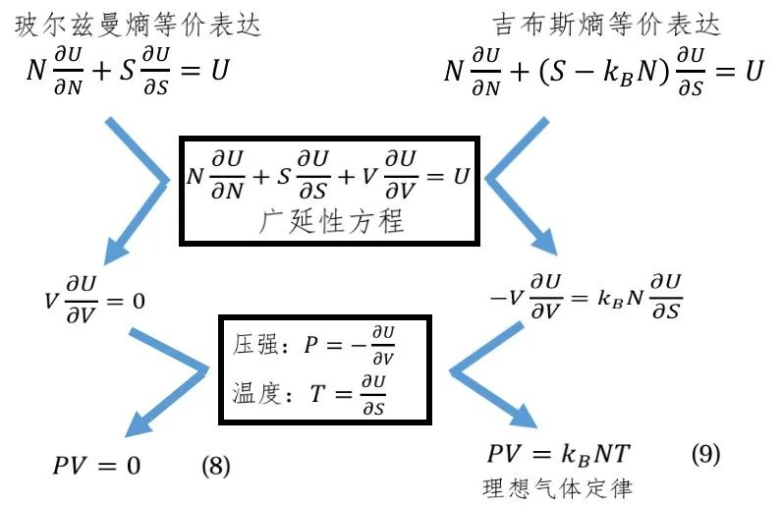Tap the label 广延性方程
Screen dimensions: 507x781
[329, 221]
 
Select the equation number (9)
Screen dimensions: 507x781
[704, 455]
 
